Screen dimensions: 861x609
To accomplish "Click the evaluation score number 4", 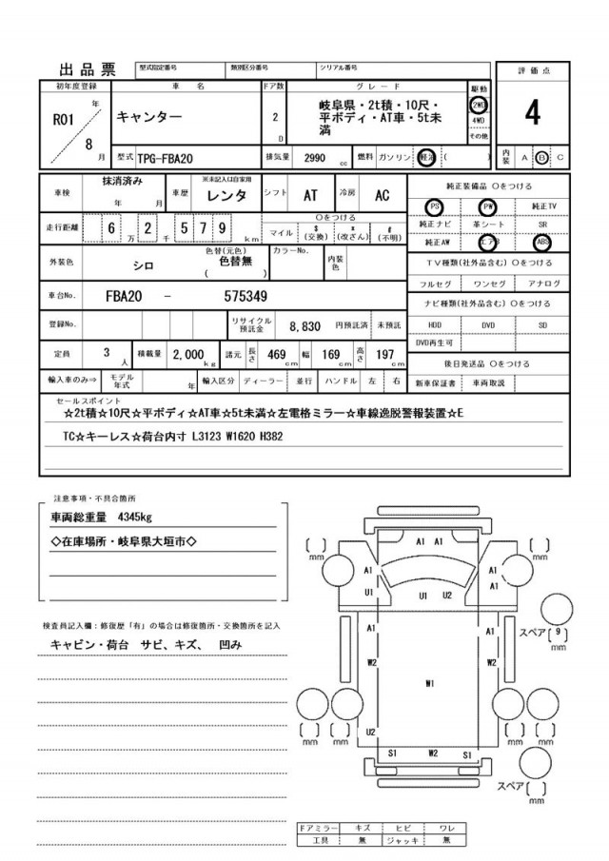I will coord(532,113).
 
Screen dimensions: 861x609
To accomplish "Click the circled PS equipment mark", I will coord(435,205).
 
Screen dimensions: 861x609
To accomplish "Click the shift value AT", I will coord(310,195).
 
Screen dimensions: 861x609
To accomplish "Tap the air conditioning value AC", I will coord(382,195).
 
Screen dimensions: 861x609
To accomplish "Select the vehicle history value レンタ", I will coord(228,195).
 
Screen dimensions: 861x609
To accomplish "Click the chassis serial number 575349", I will coord(245,296).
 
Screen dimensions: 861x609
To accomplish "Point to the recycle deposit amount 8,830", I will coord(304,325).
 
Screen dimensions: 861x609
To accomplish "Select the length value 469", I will coord(277,354).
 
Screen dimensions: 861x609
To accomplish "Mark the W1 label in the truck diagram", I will coord(430,683).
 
